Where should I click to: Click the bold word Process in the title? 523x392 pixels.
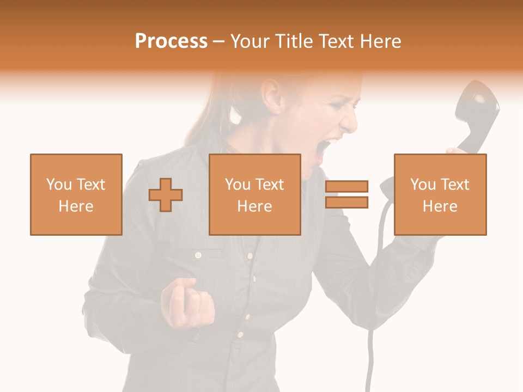pyautogui.click(x=171, y=41)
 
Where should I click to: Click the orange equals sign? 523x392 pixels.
pyautogui.click(x=347, y=195)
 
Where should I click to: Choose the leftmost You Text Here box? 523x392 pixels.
pyautogui.click(x=76, y=194)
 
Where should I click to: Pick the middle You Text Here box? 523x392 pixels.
pyautogui.click(x=254, y=194)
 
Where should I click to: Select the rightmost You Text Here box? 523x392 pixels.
pyautogui.click(x=440, y=194)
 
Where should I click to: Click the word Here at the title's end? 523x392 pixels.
pyautogui.click(x=380, y=41)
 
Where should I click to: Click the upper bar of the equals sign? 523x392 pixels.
pyautogui.click(x=347, y=187)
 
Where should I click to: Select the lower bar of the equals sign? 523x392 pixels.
pyautogui.click(x=347, y=203)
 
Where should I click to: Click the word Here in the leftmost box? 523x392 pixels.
pyautogui.click(x=76, y=206)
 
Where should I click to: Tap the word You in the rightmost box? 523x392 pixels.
pyautogui.click(x=422, y=185)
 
